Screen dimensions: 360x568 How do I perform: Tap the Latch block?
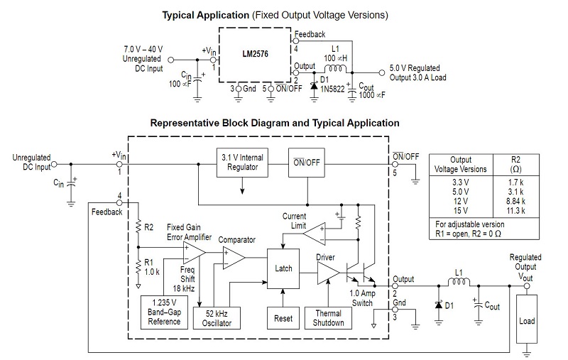point(283,268)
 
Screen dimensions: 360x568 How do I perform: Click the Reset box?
point(283,318)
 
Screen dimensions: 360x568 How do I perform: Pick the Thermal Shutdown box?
point(328,318)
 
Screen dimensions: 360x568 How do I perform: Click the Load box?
point(527,321)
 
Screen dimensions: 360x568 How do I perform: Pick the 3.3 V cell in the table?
point(461,182)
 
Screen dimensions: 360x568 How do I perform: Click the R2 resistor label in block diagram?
point(148,227)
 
